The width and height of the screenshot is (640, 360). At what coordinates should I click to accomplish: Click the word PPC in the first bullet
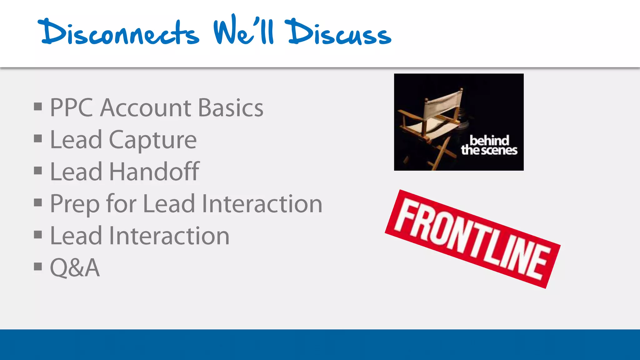point(72,108)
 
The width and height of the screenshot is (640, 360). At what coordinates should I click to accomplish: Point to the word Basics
point(231,108)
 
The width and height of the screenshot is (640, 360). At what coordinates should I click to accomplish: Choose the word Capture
point(152,140)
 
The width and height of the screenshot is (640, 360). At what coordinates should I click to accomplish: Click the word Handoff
point(154,172)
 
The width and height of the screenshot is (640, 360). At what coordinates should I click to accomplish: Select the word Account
point(146,108)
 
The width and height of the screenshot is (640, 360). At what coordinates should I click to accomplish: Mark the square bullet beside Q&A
point(38,267)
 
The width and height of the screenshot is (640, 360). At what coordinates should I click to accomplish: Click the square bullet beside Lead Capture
point(38,138)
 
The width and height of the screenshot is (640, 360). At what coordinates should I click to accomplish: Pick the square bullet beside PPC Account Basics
point(38,107)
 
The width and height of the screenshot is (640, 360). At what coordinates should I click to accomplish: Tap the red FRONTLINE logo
point(472,239)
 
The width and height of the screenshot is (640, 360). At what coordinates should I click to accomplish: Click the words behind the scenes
point(489,145)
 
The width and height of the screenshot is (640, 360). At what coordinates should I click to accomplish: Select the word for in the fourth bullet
point(121,204)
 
